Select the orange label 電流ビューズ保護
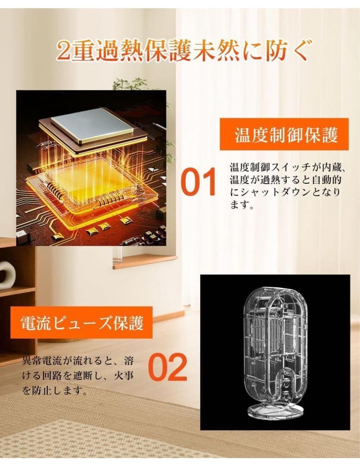(82, 322)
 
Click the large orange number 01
(199, 182)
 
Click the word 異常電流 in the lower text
(42, 361)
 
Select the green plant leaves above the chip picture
(130, 84)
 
